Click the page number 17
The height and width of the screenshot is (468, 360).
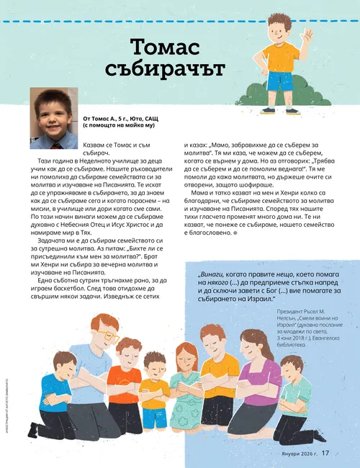(325, 453)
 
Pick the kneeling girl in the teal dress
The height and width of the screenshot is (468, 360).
(185, 389)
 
